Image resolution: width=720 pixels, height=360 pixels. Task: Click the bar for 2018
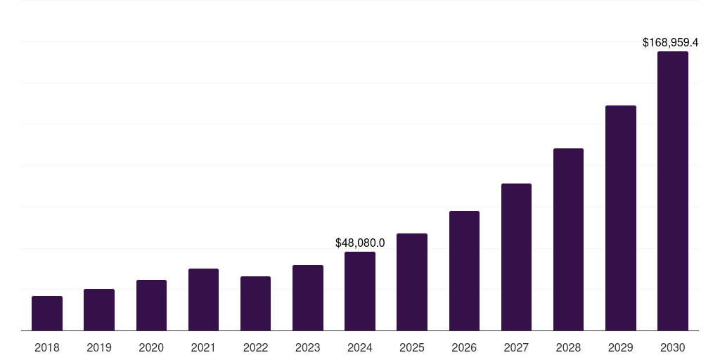click(47, 314)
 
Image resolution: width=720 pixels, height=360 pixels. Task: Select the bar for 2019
click(99, 310)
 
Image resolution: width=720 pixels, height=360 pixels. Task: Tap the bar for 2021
click(203, 300)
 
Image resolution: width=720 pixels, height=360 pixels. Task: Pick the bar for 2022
click(255, 304)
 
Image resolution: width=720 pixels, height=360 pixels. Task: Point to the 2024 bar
click(360, 291)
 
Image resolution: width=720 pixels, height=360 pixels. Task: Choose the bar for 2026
click(464, 271)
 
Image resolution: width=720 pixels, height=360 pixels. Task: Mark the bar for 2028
click(568, 240)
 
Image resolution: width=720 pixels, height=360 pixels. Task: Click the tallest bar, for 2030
click(673, 191)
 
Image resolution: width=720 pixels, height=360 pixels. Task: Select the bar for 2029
click(621, 218)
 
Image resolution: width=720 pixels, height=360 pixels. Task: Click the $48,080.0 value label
click(360, 243)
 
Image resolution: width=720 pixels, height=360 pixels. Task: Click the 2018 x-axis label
click(47, 347)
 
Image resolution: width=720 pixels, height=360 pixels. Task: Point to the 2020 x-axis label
click(151, 347)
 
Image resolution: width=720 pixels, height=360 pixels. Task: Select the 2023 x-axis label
click(308, 347)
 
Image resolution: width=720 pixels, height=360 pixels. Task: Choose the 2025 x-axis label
click(412, 347)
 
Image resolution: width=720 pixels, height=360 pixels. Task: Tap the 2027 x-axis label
click(516, 347)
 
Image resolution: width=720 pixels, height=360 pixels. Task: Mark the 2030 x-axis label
click(673, 347)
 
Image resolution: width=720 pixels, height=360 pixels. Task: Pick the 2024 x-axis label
click(360, 347)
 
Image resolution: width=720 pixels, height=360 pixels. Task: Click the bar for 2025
click(412, 282)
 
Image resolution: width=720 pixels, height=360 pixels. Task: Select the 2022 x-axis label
click(255, 347)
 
